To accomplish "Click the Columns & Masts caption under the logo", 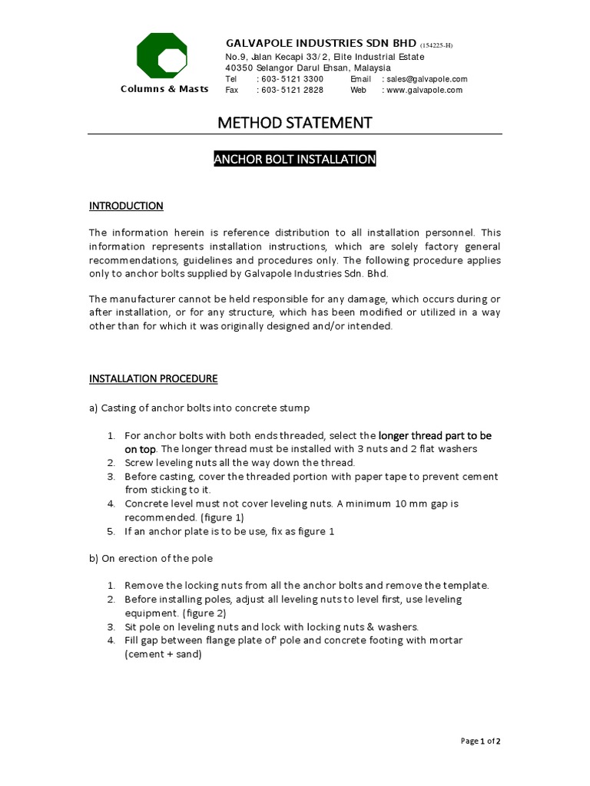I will pyautogui.click(x=164, y=89).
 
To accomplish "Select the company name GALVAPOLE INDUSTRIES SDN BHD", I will pyautogui.click(x=320, y=44).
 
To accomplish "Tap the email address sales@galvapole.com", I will pyautogui.click(x=427, y=79).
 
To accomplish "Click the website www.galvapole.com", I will pyautogui.click(x=425, y=90).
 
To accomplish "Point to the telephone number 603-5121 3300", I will pyautogui.click(x=293, y=79).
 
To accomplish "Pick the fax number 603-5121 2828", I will pyautogui.click(x=293, y=90).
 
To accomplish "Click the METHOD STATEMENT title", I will pyautogui.click(x=295, y=123).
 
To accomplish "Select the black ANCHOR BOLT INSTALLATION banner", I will pyautogui.click(x=295, y=160).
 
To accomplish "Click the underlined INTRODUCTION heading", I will pyautogui.click(x=126, y=206).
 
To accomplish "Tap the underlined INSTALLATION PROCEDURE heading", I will pyautogui.click(x=153, y=378).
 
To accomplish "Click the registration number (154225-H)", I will pyautogui.click(x=436, y=45).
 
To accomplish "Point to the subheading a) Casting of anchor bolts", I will pyautogui.click(x=200, y=407).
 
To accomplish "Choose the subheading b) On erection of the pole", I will pyautogui.click(x=151, y=557).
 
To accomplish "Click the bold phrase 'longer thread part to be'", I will pyautogui.click(x=435, y=435).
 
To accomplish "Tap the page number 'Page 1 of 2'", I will pyautogui.click(x=480, y=741).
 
